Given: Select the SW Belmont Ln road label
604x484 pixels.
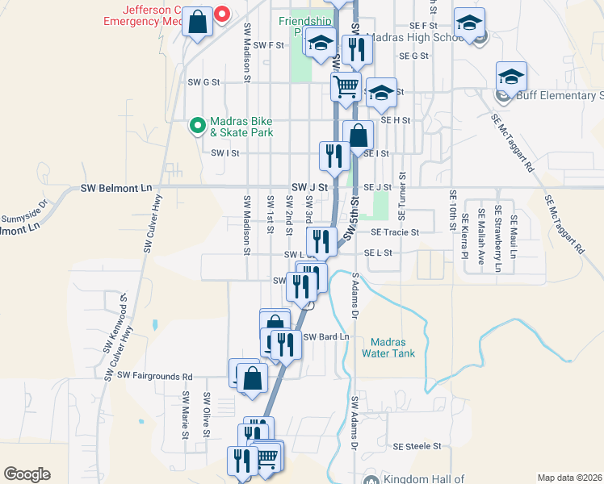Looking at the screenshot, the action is click(x=116, y=188).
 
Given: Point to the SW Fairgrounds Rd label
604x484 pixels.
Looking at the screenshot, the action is click(x=155, y=376).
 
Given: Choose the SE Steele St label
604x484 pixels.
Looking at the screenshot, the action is click(x=417, y=445).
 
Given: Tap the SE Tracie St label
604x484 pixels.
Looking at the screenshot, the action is click(x=395, y=232).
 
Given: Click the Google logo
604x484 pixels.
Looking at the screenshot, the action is click(x=27, y=474).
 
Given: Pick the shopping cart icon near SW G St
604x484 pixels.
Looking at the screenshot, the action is click(x=346, y=85).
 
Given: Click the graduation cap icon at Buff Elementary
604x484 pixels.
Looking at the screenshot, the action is click(x=511, y=77).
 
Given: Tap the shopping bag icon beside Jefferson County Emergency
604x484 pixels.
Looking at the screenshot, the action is click(x=198, y=23).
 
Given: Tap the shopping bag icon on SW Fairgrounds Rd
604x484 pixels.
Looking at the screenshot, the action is click(x=253, y=378).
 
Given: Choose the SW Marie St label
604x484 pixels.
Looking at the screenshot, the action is click(x=186, y=416).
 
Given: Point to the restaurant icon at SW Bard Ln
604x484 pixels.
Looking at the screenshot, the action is click(x=285, y=344).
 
